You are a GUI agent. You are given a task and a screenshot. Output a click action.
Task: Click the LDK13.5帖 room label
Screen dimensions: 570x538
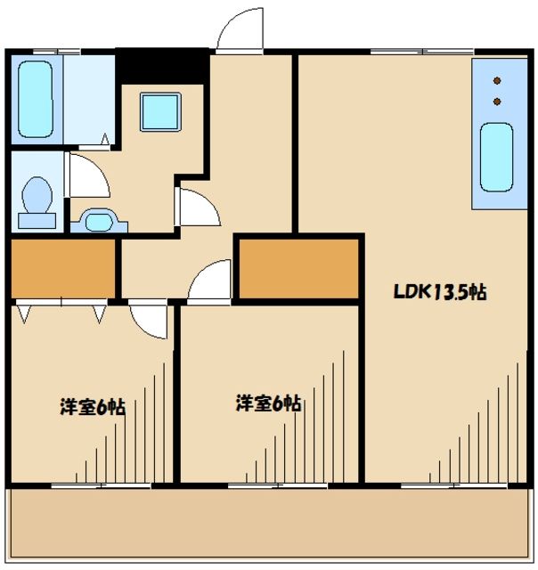(x=440, y=292)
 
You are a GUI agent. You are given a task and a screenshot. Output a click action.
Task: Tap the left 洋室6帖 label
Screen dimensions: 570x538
(x=92, y=408)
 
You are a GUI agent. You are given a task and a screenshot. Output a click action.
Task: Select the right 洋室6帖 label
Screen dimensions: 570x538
(x=268, y=403)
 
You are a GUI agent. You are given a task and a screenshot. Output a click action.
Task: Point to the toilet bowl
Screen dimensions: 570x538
(x=37, y=195)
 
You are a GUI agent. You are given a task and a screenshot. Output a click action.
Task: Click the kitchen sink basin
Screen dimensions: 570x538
(x=496, y=157)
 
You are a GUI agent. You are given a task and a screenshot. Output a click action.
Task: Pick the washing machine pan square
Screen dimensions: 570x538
(x=160, y=110)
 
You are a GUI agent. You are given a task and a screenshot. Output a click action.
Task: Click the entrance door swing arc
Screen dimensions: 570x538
(x=238, y=31)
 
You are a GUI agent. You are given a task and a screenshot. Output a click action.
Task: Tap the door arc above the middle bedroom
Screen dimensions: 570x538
(x=209, y=282)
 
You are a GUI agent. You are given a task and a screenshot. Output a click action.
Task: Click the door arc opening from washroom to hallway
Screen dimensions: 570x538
(x=199, y=208)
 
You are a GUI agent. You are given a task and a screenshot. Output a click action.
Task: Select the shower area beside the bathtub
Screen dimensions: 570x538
(x=87, y=98)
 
